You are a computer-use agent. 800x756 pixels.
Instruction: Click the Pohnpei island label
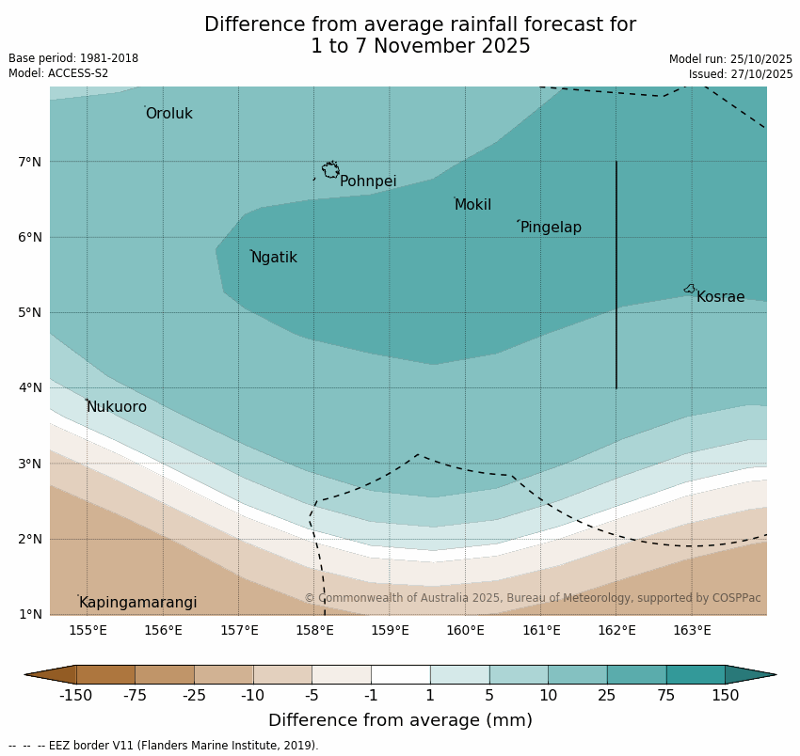[368, 181]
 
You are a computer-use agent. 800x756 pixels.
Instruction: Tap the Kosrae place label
[720, 297]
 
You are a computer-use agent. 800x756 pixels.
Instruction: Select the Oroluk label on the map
[168, 114]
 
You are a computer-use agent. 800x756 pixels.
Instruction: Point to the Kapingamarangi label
[137, 603]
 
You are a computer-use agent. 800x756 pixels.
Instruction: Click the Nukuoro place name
[117, 407]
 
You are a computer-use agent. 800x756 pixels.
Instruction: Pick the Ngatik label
[274, 258]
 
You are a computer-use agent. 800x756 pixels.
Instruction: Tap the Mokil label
[472, 205]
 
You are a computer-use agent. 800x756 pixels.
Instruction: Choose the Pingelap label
[551, 228]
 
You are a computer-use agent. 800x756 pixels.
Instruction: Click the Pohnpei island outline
[330, 170]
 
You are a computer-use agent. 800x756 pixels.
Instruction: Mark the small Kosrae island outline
[690, 289]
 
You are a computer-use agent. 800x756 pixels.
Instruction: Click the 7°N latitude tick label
[30, 162]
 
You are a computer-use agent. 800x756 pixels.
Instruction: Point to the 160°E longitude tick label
[465, 630]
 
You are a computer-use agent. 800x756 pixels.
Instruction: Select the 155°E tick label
[88, 630]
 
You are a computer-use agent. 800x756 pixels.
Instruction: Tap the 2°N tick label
[30, 539]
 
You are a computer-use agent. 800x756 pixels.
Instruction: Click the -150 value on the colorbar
[75, 696]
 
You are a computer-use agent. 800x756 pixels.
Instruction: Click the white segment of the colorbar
[400, 674]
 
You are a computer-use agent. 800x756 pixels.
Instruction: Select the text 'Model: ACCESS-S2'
[58, 73]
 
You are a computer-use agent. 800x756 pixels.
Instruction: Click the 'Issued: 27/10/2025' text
[741, 74]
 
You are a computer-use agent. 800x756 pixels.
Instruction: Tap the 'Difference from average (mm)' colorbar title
[400, 720]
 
